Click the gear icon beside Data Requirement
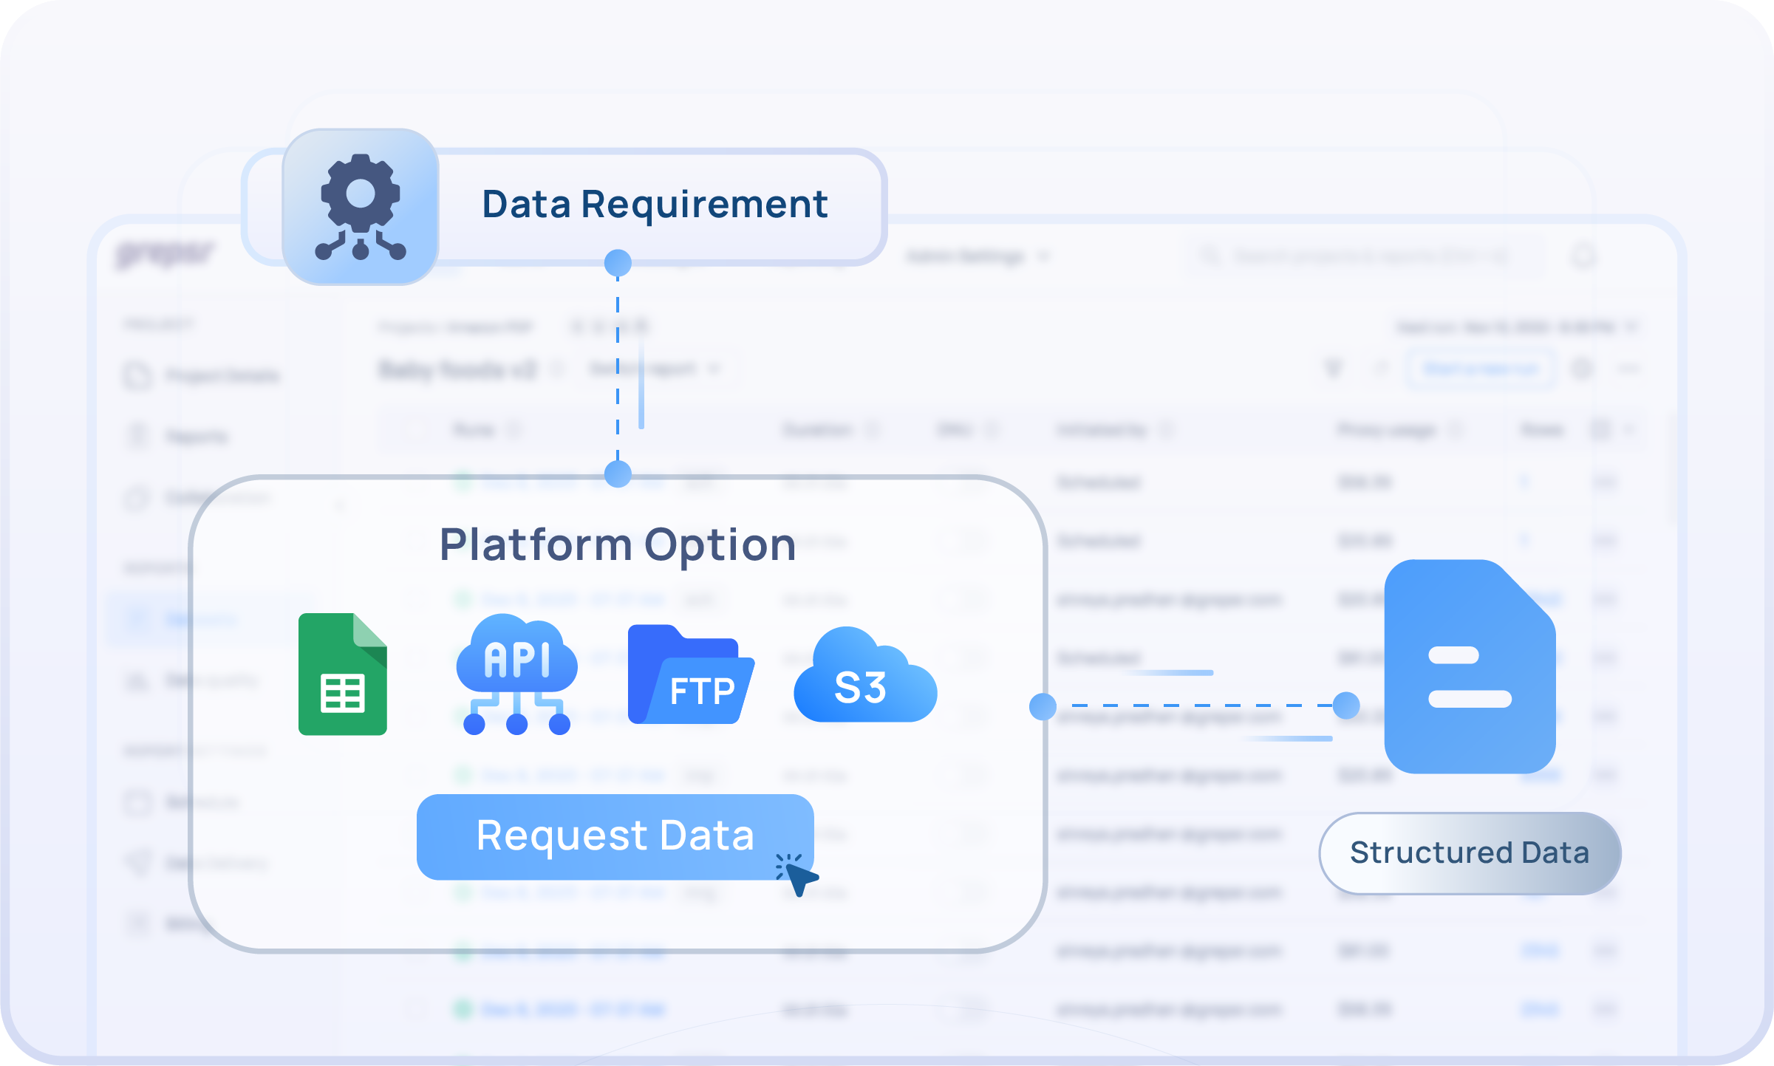coord(361,206)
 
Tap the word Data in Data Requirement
coord(526,205)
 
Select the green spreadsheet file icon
coord(342,674)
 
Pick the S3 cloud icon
coord(864,676)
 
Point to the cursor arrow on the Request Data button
coord(800,878)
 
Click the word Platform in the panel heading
coord(535,545)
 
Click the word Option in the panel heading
coord(720,545)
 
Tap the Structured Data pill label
coord(1469,853)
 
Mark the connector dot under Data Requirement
coord(618,263)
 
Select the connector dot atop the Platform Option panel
coord(618,474)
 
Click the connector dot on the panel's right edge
coord(1043,707)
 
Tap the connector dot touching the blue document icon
coord(1346,705)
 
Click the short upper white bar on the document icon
coord(1453,655)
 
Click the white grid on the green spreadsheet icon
coord(343,694)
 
